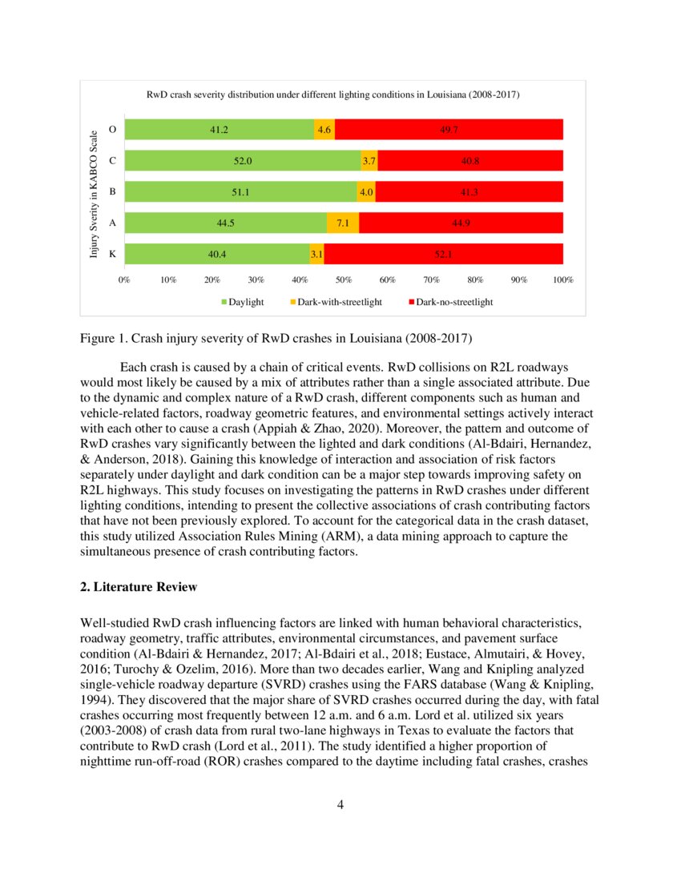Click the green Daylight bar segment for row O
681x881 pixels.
(219, 129)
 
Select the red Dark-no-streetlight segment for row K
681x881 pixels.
(443, 254)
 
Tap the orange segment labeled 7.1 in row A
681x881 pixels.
(343, 223)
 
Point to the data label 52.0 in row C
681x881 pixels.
(243, 160)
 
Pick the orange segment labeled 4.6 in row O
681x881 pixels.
(324, 129)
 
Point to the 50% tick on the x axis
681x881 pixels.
(344, 280)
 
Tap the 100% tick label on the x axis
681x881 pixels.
(562, 280)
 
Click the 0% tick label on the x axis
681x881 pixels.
(125, 280)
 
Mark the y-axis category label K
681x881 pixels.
(112, 254)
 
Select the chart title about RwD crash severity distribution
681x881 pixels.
(332, 95)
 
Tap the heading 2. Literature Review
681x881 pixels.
(139, 587)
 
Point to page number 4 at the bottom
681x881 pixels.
(340, 804)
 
